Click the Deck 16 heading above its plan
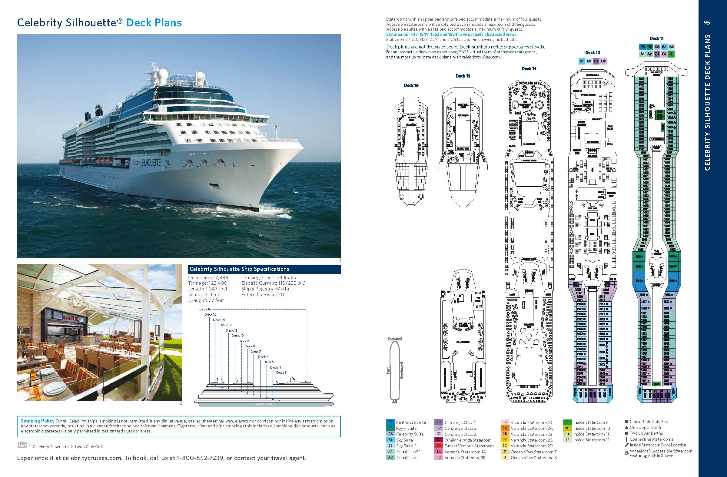point(411,85)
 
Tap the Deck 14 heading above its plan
point(529,69)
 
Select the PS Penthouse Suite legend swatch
point(390,422)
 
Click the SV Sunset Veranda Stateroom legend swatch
point(439,446)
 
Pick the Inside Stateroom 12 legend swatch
point(567,440)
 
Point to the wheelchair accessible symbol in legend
point(626,452)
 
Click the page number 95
point(706,23)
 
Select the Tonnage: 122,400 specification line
point(208,283)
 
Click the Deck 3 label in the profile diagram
point(281,373)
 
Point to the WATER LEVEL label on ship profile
point(264,404)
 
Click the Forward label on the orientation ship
point(394,339)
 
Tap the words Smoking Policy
point(38,421)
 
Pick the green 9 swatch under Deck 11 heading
point(671,54)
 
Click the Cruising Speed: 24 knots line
point(268,278)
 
